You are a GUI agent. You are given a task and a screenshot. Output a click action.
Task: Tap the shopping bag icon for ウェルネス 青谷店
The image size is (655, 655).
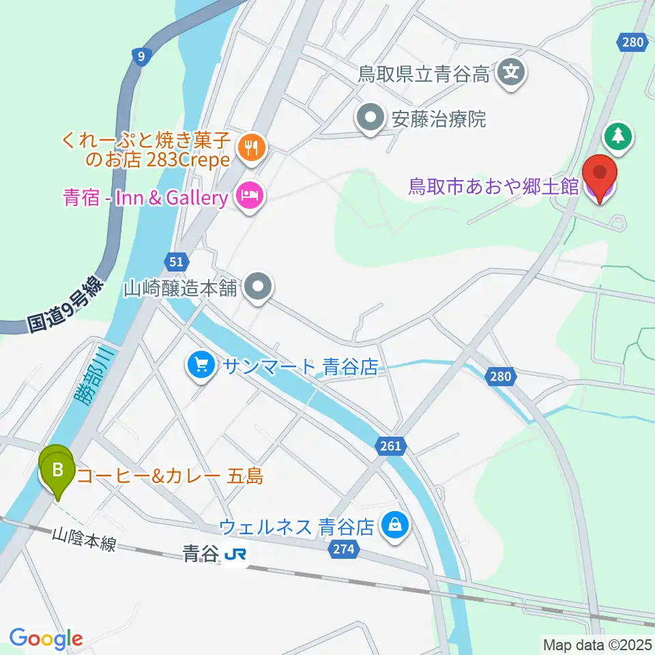coord(394,525)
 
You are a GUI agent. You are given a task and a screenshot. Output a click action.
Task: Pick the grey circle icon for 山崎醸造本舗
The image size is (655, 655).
coord(258,287)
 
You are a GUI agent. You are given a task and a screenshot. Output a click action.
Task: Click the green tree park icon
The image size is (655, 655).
coord(618,136)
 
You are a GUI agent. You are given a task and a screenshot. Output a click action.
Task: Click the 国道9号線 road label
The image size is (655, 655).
coord(65,304)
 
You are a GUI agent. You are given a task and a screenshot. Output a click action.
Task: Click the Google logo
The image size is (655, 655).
coord(46,639)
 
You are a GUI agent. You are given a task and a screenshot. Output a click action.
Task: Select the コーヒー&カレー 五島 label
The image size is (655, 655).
coord(170,476)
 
